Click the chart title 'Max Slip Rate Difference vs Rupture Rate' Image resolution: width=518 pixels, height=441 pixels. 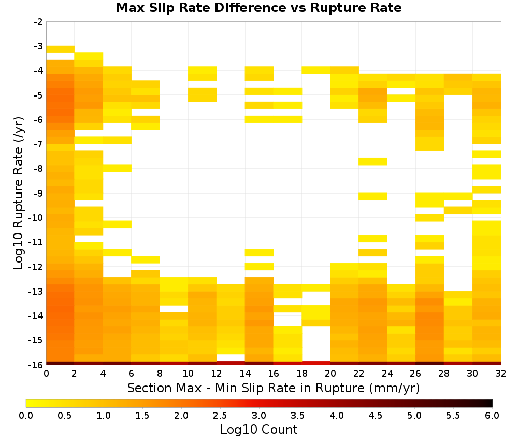(x=258, y=8)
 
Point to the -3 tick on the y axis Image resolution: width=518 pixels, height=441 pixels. (x=38, y=46)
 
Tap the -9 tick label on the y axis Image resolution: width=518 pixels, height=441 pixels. (x=38, y=193)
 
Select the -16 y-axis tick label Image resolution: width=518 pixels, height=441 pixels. (x=36, y=365)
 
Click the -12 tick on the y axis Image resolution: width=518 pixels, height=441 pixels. (x=36, y=267)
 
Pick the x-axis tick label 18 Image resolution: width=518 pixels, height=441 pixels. (x=302, y=374)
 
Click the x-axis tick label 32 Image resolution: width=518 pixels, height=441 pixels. (x=501, y=374)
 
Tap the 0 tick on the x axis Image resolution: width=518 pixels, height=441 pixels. (x=46, y=374)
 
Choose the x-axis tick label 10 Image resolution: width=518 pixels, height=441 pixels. (x=189, y=374)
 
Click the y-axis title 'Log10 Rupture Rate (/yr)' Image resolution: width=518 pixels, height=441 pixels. (x=18, y=193)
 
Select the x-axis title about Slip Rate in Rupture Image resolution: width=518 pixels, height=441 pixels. (x=274, y=388)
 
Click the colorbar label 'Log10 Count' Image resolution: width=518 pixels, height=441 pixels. (x=258, y=430)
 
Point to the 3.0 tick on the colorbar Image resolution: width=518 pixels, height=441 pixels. (x=259, y=416)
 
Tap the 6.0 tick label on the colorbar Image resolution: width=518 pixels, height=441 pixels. (x=492, y=416)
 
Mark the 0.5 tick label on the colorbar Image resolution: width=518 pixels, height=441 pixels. (x=64, y=416)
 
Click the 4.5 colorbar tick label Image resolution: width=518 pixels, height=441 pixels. (x=376, y=416)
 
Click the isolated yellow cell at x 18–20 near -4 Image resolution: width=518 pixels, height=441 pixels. (x=316, y=70)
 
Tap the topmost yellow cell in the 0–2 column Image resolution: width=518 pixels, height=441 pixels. (x=61, y=49)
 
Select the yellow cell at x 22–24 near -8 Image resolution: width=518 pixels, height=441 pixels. (x=373, y=161)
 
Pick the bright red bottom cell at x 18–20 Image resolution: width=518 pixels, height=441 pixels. (x=316, y=363)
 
